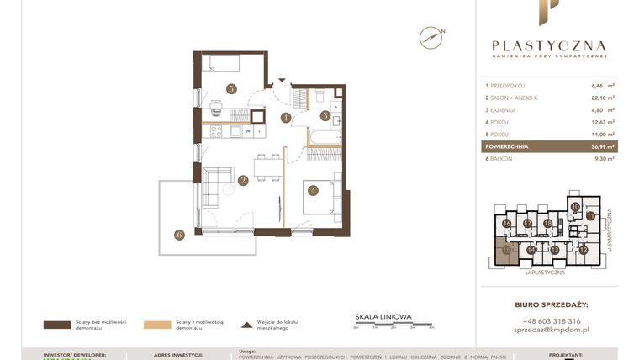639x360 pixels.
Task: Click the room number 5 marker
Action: point(230,88)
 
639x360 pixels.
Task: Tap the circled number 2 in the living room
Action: point(242,179)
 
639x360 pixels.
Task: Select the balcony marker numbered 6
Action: point(179,235)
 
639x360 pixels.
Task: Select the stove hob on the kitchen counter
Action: point(214,130)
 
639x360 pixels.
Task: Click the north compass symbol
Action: point(431,36)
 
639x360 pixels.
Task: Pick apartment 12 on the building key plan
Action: point(584,250)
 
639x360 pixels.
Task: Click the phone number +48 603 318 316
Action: point(551,320)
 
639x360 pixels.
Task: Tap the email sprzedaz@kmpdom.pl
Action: point(551,331)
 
